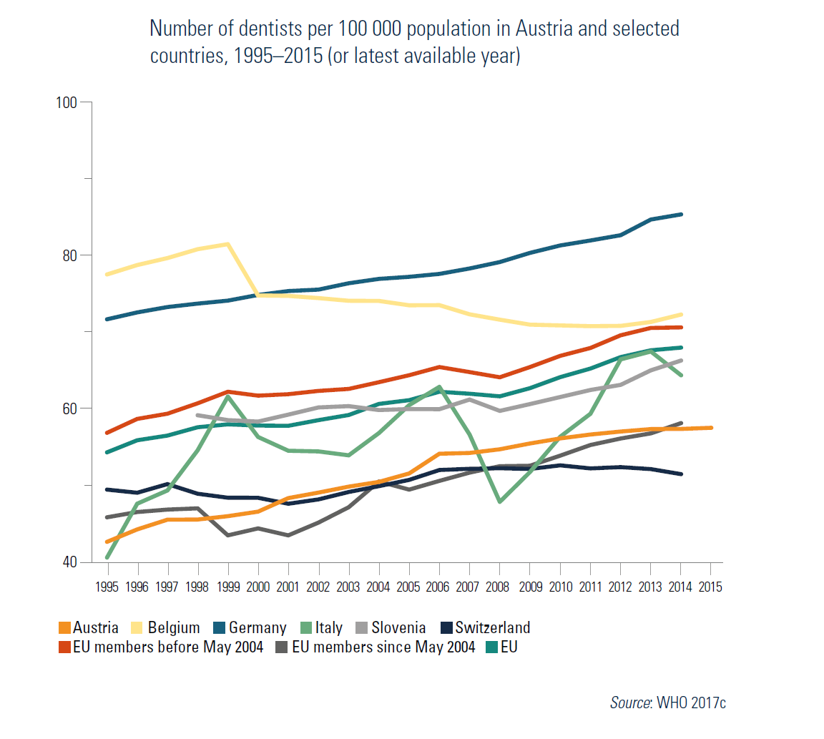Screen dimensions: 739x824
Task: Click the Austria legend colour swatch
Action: click(64, 628)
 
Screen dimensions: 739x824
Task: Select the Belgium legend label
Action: click(173, 628)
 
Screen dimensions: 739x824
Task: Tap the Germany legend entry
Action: click(257, 628)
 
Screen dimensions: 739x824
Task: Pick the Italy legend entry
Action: click(328, 628)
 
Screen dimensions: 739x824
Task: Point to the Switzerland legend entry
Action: click(493, 628)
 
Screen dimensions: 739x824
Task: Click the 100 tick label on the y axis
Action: click(66, 102)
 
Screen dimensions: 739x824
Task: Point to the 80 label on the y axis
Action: click(69, 255)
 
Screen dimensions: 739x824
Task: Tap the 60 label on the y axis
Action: click(69, 408)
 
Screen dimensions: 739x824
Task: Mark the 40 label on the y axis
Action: click(69, 562)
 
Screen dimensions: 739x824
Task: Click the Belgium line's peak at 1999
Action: click(227, 244)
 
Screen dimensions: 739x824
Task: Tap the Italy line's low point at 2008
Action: click(499, 502)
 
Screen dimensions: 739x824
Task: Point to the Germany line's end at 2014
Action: click(681, 214)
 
